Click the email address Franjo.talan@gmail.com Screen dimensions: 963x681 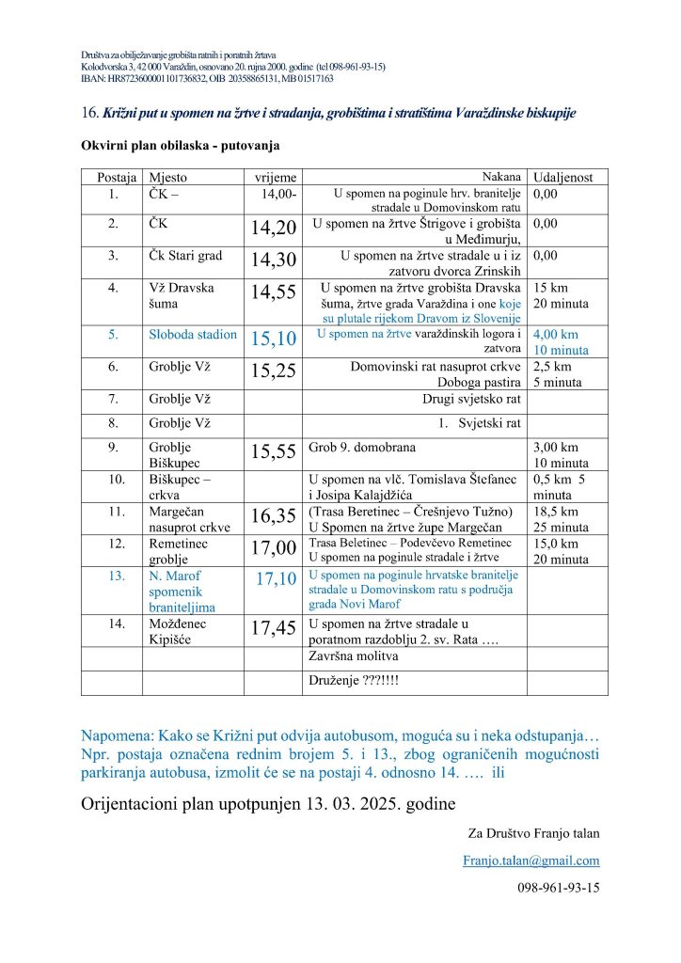531,860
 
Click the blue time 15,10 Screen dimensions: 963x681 274,339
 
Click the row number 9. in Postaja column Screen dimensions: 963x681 113,448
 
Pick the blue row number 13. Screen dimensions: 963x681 113,575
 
